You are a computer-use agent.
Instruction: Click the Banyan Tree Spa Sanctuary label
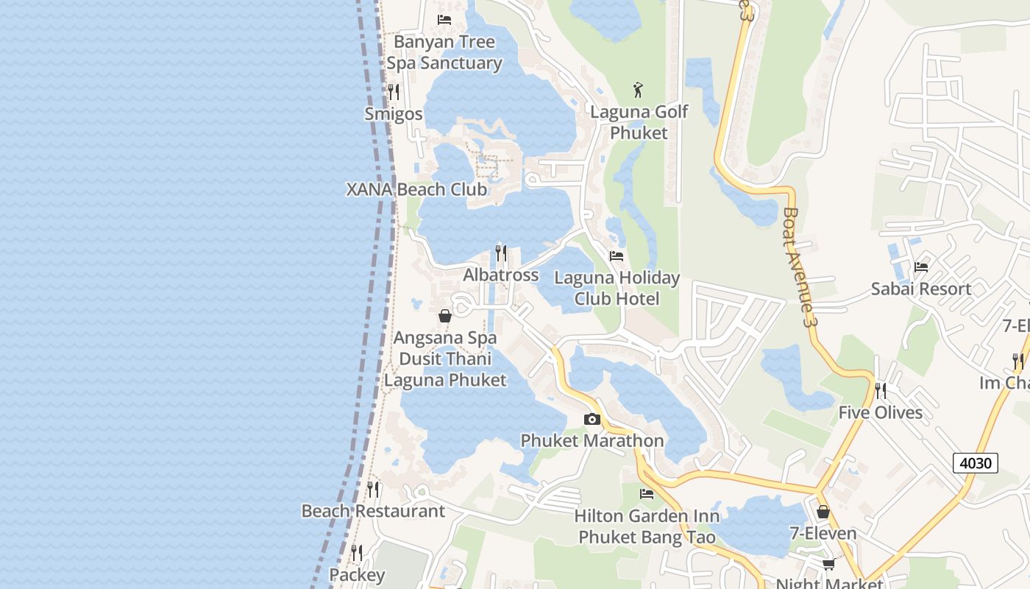pyautogui.click(x=444, y=52)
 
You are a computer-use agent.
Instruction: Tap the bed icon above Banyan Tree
pyautogui.click(x=444, y=19)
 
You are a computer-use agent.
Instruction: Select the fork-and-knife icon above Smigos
pyautogui.click(x=394, y=92)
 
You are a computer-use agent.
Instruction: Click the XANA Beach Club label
pyautogui.click(x=416, y=189)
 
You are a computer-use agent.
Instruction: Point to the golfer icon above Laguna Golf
pyautogui.click(x=639, y=91)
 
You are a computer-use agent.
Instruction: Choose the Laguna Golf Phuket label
pyautogui.click(x=639, y=122)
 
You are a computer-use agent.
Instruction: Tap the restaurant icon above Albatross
pyautogui.click(x=501, y=253)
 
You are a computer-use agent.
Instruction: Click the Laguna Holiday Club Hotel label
pyautogui.click(x=617, y=289)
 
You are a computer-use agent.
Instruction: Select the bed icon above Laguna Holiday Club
pyautogui.click(x=617, y=256)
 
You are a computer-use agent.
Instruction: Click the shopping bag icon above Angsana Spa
pyautogui.click(x=445, y=317)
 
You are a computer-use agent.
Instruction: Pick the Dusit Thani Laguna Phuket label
pyautogui.click(x=445, y=370)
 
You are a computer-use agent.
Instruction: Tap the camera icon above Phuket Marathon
pyautogui.click(x=592, y=420)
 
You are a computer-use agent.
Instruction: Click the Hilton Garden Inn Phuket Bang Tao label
pyautogui.click(x=647, y=526)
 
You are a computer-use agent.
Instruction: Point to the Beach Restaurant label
pyautogui.click(x=373, y=511)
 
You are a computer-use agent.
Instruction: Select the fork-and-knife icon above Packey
pyautogui.click(x=357, y=552)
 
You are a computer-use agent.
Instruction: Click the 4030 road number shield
pyautogui.click(x=976, y=463)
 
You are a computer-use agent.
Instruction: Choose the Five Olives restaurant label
pyautogui.click(x=881, y=412)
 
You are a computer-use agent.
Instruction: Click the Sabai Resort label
pyautogui.click(x=920, y=289)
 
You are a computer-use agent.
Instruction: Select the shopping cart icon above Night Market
pyautogui.click(x=829, y=565)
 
